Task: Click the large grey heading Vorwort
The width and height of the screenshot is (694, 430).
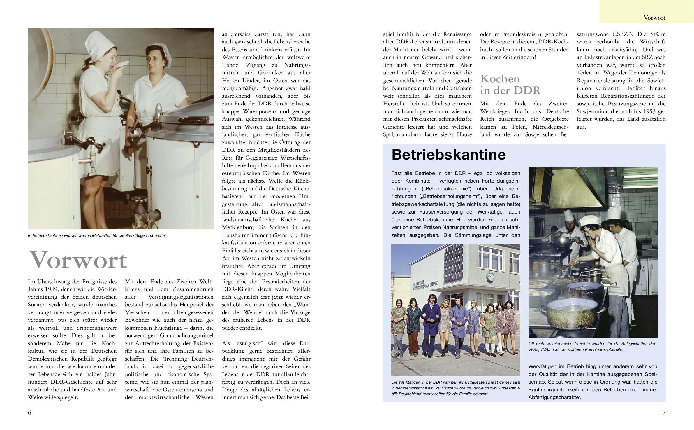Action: (78, 260)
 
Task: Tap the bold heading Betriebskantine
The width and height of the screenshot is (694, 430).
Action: (448, 155)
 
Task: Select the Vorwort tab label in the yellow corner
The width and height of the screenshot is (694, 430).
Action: (654, 18)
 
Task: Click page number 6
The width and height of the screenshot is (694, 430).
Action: (29, 412)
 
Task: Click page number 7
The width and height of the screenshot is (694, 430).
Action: (664, 412)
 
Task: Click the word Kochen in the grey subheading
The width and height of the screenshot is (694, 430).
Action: (500, 79)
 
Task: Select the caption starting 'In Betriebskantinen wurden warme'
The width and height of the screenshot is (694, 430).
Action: (97, 235)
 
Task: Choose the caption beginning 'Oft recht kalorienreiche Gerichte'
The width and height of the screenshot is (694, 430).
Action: (591, 346)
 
